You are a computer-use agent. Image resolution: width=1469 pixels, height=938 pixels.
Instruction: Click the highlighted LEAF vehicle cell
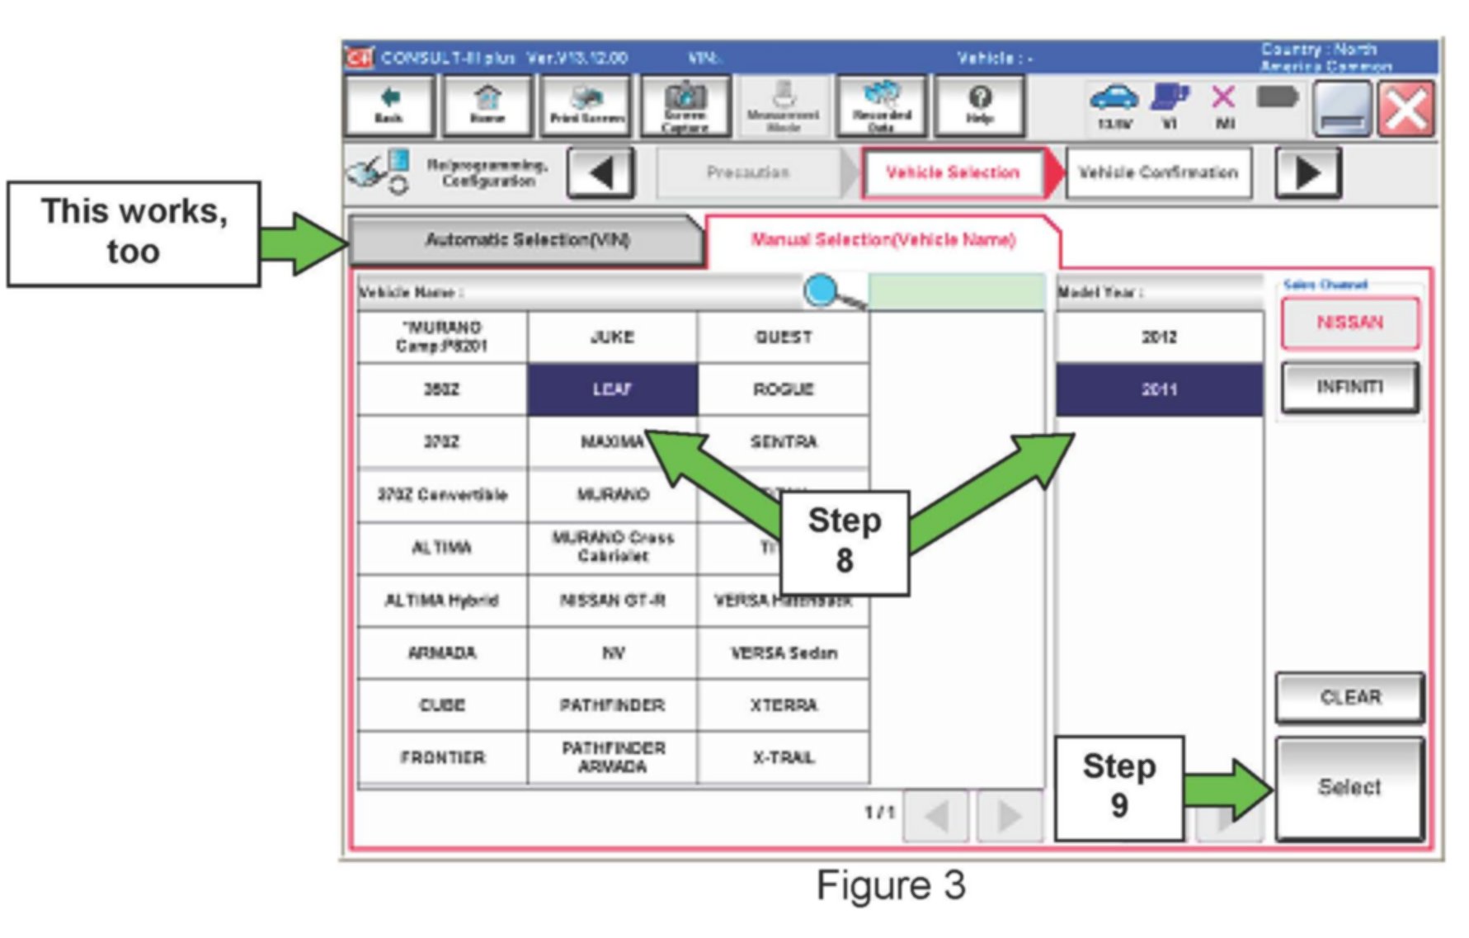click(x=612, y=389)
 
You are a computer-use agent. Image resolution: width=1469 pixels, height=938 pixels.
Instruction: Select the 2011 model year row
click(x=1159, y=389)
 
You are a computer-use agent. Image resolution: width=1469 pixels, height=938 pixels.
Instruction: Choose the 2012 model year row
click(x=1159, y=337)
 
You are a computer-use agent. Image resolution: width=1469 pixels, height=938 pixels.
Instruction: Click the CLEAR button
click(x=1349, y=697)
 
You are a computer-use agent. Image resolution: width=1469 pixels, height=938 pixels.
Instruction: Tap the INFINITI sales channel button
click(x=1349, y=386)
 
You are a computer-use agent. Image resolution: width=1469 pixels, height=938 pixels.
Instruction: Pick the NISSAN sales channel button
click(x=1349, y=323)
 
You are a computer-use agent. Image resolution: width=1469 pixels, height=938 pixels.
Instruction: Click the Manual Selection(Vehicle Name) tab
click(x=883, y=240)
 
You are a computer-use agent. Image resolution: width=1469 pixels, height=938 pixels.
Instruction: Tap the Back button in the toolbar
click(x=388, y=106)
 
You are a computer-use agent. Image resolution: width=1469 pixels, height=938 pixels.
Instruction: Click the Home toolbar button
click(x=487, y=106)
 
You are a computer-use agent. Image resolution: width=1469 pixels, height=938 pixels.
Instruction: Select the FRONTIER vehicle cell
click(x=442, y=757)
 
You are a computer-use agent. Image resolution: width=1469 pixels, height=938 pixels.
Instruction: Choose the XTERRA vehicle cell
click(x=783, y=705)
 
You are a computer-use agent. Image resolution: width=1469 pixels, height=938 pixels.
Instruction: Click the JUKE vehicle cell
click(x=612, y=337)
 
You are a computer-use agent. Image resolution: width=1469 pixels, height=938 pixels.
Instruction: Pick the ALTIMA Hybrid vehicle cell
click(x=442, y=600)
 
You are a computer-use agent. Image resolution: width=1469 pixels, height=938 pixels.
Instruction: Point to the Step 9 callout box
click(x=1118, y=787)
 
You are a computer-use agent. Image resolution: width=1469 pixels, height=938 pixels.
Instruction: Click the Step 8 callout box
click(x=844, y=541)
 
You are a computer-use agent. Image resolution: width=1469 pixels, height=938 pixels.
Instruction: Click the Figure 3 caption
click(x=890, y=885)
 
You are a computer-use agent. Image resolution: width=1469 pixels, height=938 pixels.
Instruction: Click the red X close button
click(x=1406, y=109)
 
